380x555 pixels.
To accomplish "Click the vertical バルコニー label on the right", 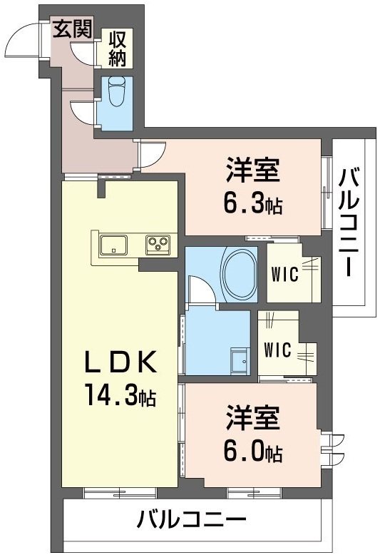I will point(349,222).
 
